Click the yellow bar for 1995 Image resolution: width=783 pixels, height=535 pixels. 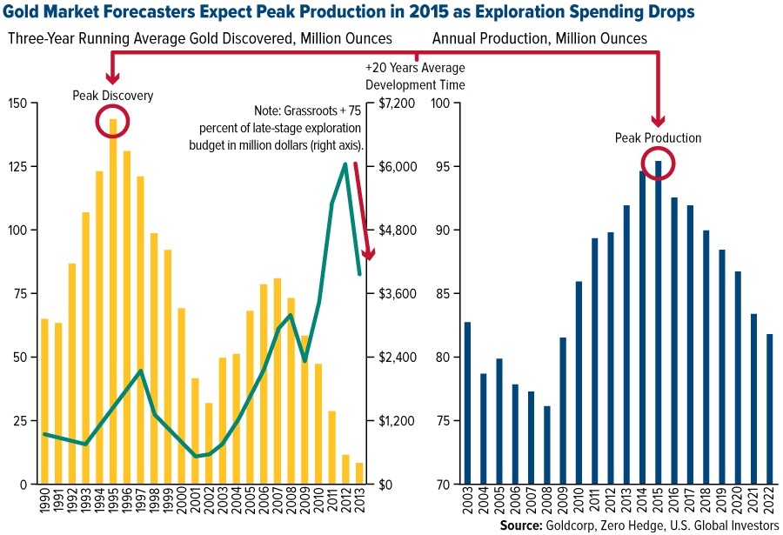pos(113,304)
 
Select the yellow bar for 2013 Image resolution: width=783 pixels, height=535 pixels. pos(360,473)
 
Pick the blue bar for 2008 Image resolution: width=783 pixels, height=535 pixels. pos(546,445)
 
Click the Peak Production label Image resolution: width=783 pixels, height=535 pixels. pos(658,137)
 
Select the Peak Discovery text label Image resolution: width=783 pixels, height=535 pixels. pos(112,96)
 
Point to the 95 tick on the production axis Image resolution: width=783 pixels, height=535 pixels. pos(441,167)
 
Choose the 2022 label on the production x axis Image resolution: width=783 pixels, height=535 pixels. pos(769,502)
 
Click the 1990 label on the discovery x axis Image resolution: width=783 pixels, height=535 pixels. pos(44,502)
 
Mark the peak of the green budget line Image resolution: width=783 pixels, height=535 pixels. pos(345,163)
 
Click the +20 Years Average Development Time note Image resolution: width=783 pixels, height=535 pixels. pos(415,77)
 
